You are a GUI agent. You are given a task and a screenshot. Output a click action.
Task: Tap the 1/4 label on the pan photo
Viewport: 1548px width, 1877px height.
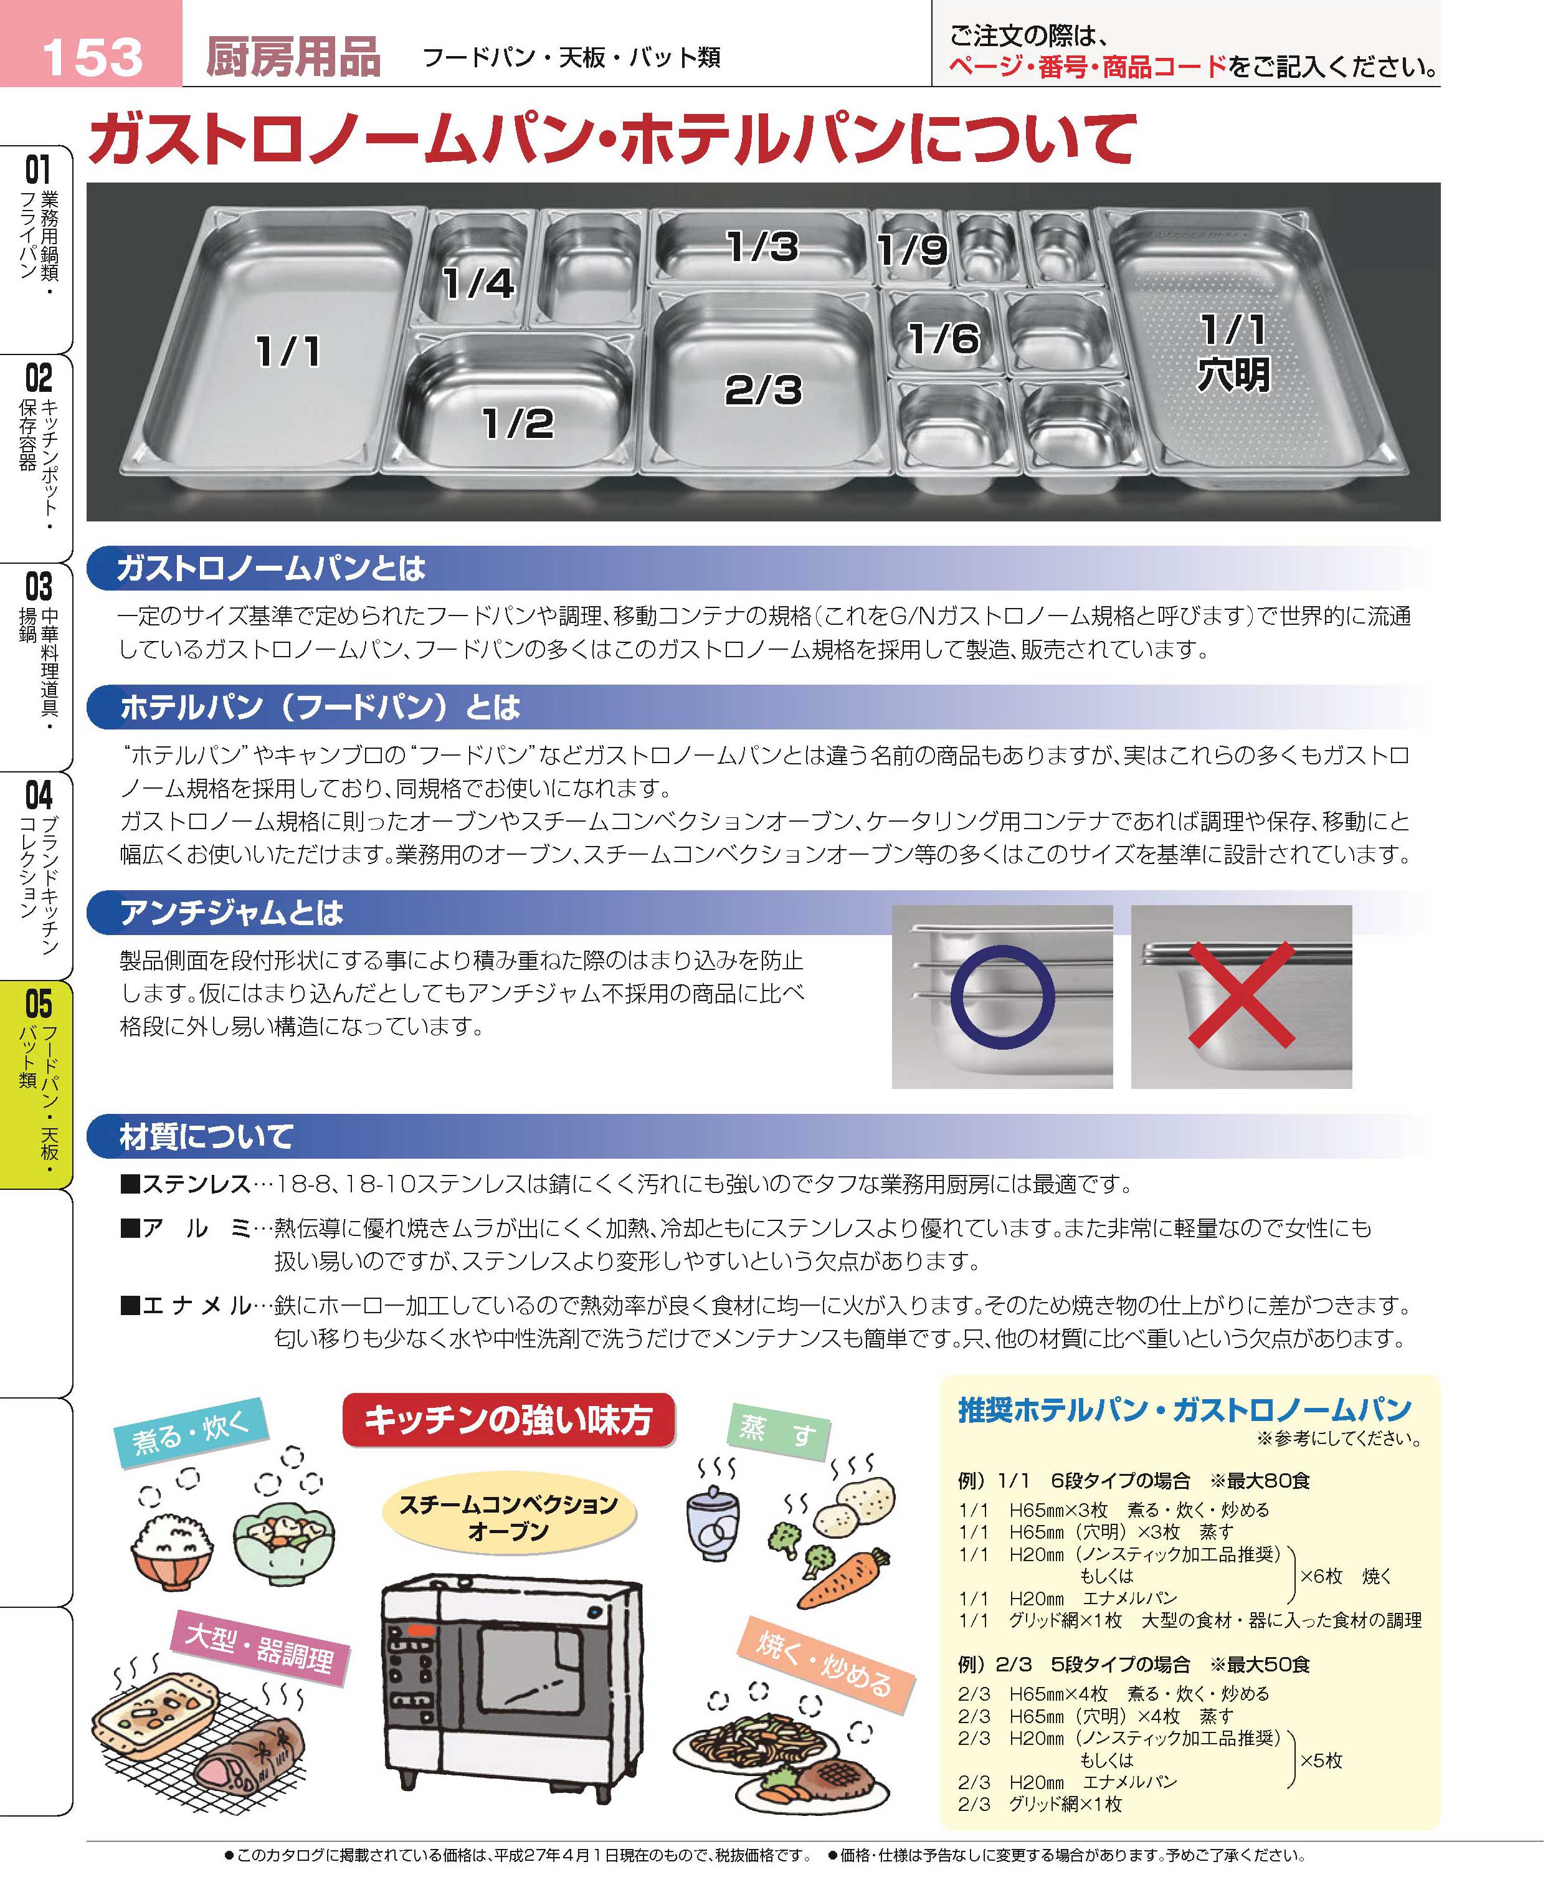(479, 283)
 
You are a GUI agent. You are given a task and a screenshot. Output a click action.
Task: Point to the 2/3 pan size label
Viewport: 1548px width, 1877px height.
(763, 390)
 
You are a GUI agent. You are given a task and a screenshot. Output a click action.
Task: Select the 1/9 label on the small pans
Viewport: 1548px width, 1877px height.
(911, 250)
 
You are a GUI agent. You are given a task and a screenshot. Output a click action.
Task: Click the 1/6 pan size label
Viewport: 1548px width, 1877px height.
(943, 338)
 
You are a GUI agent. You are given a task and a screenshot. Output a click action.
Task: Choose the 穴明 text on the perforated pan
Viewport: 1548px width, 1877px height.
(1233, 374)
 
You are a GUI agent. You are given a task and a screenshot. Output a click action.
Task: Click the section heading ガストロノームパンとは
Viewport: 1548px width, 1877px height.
(271, 568)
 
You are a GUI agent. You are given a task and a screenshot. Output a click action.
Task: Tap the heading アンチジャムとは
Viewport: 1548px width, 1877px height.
(232, 912)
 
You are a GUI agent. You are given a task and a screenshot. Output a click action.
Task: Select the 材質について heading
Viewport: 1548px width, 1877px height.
(207, 1136)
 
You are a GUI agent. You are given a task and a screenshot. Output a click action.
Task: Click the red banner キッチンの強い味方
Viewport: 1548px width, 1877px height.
(508, 1420)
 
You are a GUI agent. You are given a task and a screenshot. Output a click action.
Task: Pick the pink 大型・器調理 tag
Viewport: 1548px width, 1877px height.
(260, 1649)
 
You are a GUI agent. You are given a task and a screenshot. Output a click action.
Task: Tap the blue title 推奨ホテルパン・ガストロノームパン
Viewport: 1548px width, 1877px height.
(1185, 1410)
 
